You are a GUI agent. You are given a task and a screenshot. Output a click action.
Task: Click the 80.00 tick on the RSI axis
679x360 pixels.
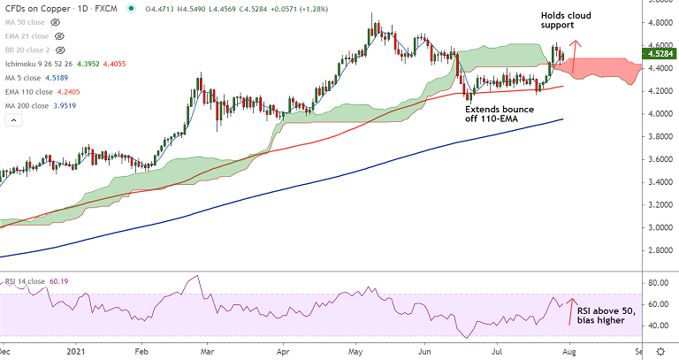click(657, 283)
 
